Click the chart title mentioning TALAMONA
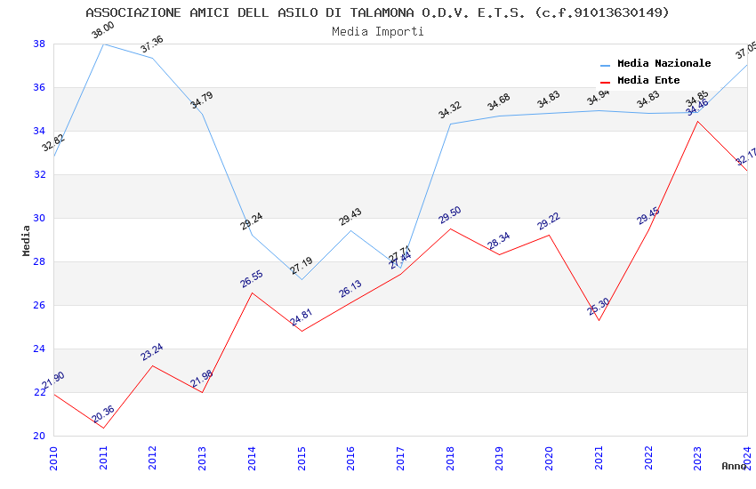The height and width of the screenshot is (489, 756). tap(377, 12)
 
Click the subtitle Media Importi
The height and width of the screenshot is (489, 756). tap(377, 31)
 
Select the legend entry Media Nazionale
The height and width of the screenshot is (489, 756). tap(664, 63)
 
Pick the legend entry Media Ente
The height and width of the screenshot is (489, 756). tap(648, 80)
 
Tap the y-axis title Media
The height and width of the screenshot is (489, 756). tap(27, 240)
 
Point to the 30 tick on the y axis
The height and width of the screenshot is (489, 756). tap(39, 218)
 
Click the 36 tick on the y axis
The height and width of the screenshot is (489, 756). tap(39, 87)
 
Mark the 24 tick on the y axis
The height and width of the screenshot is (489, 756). tap(39, 349)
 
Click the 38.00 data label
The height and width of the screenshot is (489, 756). tap(103, 31)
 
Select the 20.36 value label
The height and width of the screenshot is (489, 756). tap(103, 413)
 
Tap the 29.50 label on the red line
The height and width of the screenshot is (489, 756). tap(450, 215)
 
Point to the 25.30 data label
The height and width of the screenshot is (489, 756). tap(599, 307)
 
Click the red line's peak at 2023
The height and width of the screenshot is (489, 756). tap(697, 121)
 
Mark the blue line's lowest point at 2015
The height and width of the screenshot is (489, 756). tap(302, 279)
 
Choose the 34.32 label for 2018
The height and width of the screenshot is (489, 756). tap(450, 110)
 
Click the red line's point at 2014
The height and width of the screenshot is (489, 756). tap(252, 293)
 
